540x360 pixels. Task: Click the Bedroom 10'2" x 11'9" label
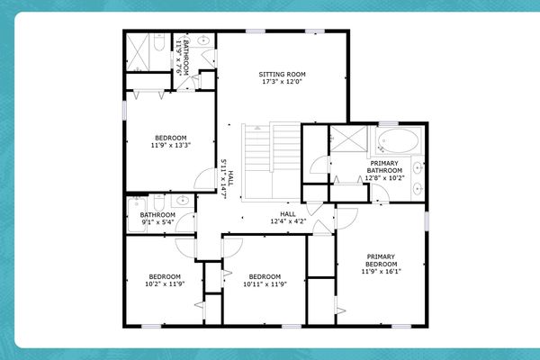coord(166,280)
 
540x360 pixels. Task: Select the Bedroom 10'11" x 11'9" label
coord(265,280)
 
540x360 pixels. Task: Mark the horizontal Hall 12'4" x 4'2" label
coord(288,217)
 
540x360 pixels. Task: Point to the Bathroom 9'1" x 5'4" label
coord(157,219)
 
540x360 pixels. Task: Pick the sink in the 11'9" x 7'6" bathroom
coord(203,40)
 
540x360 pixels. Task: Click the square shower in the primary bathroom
coord(344,139)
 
